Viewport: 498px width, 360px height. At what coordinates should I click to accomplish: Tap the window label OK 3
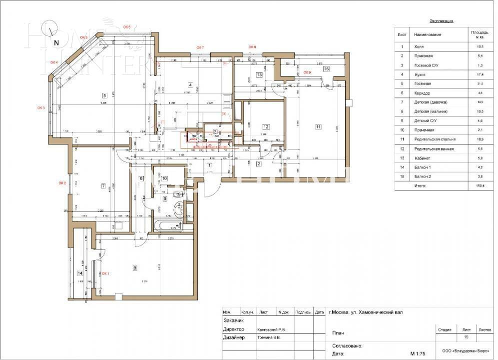coord(41,107)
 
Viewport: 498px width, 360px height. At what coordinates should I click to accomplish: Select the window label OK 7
coord(200,47)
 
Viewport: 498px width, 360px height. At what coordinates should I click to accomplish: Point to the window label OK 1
coord(105,273)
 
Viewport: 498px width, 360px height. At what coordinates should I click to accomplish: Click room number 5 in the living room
coord(103,95)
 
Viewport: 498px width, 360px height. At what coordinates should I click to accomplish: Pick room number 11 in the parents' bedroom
coord(318,126)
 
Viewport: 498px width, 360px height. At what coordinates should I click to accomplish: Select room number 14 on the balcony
coord(79,273)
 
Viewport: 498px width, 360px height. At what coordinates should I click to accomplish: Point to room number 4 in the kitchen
coord(190,84)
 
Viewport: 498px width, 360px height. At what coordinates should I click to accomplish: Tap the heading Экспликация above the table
coord(442,21)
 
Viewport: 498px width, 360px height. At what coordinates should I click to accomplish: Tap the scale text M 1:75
coord(418,353)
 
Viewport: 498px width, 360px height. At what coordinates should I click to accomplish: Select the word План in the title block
coord(338,332)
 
